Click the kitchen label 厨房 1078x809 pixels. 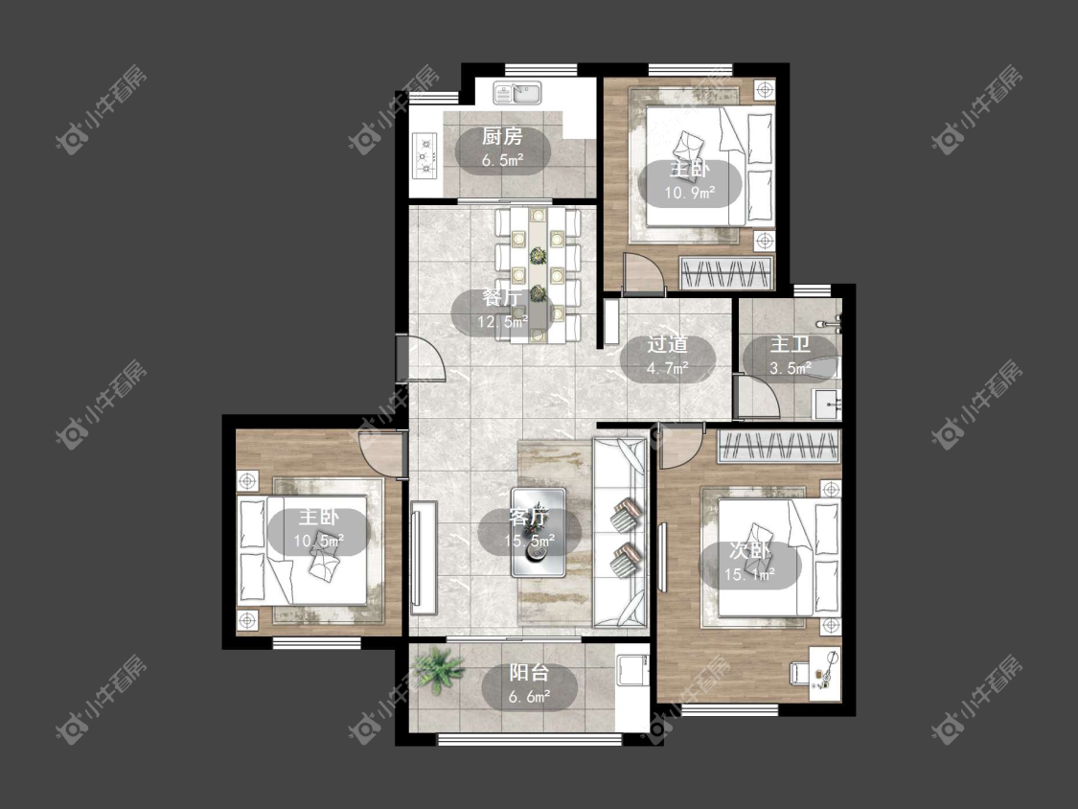[502, 136]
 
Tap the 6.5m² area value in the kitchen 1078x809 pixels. [502, 161]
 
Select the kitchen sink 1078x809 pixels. [517, 91]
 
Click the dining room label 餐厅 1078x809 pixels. [502, 298]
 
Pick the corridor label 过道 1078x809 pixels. [668, 344]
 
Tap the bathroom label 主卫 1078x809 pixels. [790, 344]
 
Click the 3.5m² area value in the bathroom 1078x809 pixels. [790, 369]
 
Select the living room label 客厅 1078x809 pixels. [529, 516]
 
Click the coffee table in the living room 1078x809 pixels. [539, 532]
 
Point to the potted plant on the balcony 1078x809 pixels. [438, 668]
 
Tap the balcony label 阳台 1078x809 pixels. [529, 673]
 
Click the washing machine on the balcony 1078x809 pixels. [631, 670]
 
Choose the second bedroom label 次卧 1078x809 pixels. [750, 550]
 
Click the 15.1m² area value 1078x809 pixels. [750, 575]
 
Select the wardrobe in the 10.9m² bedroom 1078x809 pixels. [726, 273]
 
